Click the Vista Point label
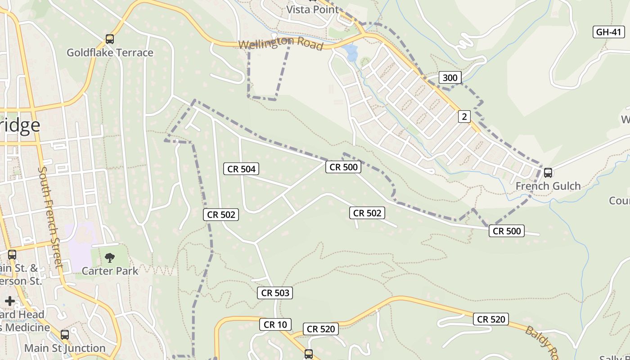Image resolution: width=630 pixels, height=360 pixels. (312, 9)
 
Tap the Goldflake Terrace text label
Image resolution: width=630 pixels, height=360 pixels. (110, 53)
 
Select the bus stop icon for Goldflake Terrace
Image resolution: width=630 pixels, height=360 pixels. (110, 39)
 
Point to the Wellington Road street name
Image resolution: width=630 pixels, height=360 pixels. (281, 44)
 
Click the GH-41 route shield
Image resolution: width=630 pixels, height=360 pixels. (608, 32)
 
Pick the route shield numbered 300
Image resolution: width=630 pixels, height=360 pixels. (450, 78)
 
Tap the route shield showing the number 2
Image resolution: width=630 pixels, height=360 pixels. (464, 117)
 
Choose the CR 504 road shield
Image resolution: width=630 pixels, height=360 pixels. (241, 169)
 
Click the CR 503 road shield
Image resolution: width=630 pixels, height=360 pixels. (275, 293)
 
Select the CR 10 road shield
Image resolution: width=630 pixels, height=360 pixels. (275, 324)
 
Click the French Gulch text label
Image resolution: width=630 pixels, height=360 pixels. (548, 186)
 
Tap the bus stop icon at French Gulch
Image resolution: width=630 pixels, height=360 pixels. (548, 173)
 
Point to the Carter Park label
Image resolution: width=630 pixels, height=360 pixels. (110, 271)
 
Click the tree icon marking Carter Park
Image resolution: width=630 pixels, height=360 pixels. (109, 258)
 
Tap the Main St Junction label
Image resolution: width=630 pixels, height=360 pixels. (65, 348)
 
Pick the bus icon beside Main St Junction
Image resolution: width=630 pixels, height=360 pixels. (65, 335)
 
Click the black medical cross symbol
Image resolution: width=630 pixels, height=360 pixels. (10, 301)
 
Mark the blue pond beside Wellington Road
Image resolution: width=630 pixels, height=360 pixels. (351, 52)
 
